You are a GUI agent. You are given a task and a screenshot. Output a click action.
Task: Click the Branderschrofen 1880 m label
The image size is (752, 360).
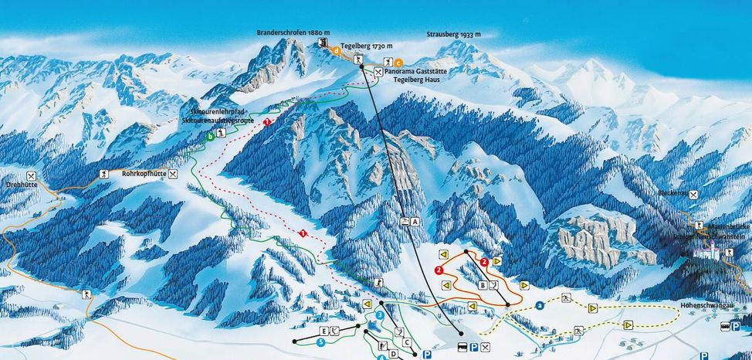pyautogui.click(x=293, y=33)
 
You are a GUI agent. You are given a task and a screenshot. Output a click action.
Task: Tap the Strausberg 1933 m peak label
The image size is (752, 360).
pyautogui.click(x=453, y=35)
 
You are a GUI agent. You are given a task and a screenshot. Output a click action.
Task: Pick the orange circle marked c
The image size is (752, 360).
pyautogui.click(x=398, y=63)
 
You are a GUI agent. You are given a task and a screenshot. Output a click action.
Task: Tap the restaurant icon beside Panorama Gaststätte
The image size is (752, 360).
pyautogui.click(x=378, y=72)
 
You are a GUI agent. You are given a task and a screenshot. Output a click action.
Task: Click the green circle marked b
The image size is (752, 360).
pyautogui.click(x=209, y=138)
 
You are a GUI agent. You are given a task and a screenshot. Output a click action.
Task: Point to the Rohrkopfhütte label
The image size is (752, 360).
pyautogui.click(x=144, y=175)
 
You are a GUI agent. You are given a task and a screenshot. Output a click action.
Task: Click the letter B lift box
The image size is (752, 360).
pyautogui.click(x=483, y=285)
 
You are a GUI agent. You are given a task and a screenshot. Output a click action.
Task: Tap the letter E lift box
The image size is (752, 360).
pyautogui.click(x=324, y=331)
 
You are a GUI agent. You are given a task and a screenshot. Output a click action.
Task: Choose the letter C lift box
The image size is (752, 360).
pyautogui.click(x=406, y=341)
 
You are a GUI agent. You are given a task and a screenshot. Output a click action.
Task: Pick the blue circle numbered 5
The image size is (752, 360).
pyautogui.click(x=320, y=341)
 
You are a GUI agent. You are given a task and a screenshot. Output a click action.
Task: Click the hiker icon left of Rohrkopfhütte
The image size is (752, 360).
pyautogui.click(x=104, y=176)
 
